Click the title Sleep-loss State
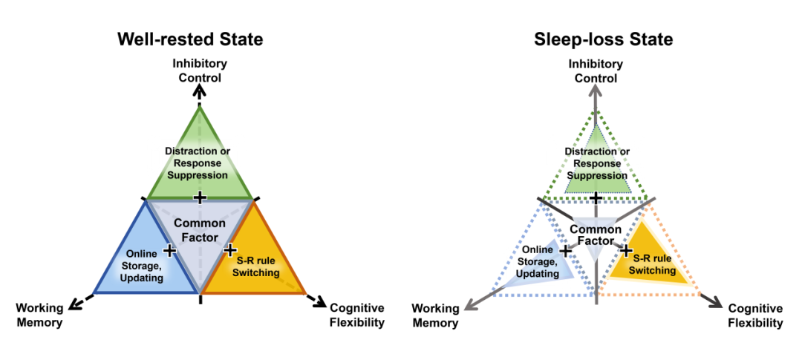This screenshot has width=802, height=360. tap(603, 39)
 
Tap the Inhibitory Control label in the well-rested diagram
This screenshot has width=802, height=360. tap(200, 70)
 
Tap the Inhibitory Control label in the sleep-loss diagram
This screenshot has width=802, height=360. tap(596, 71)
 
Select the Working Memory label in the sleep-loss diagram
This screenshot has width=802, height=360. tap(435, 315)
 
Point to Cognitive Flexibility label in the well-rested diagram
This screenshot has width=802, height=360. tap(357, 315)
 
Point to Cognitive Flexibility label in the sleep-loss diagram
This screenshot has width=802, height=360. tap(755, 315)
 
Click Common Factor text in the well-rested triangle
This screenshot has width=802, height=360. tap(199, 230)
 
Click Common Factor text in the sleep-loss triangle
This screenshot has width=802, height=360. tap(596, 235)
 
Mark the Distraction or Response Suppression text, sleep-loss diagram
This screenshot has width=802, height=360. tap(596, 164)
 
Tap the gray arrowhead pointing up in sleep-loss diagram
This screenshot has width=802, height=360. tap(596, 91)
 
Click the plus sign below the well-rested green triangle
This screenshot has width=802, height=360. tap(199, 197)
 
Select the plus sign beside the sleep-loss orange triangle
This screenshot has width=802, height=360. tap(626, 250)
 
